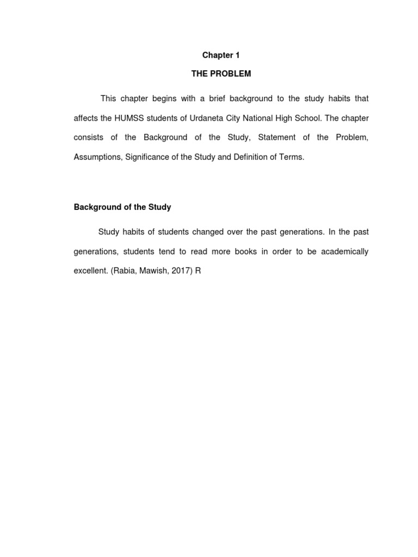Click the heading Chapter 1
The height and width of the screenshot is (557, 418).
click(x=221, y=55)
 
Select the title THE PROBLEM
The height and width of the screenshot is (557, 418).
click(x=221, y=74)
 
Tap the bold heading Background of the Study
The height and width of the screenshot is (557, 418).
click(x=122, y=207)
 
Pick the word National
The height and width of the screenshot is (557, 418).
click(x=254, y=118)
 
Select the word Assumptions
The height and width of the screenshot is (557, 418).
click(x=97, y=157)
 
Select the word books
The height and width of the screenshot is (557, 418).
click(x=246, y=251)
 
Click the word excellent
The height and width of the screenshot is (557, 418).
click(x=90, y=270)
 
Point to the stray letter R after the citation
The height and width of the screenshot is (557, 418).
click(x=198, y=270)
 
